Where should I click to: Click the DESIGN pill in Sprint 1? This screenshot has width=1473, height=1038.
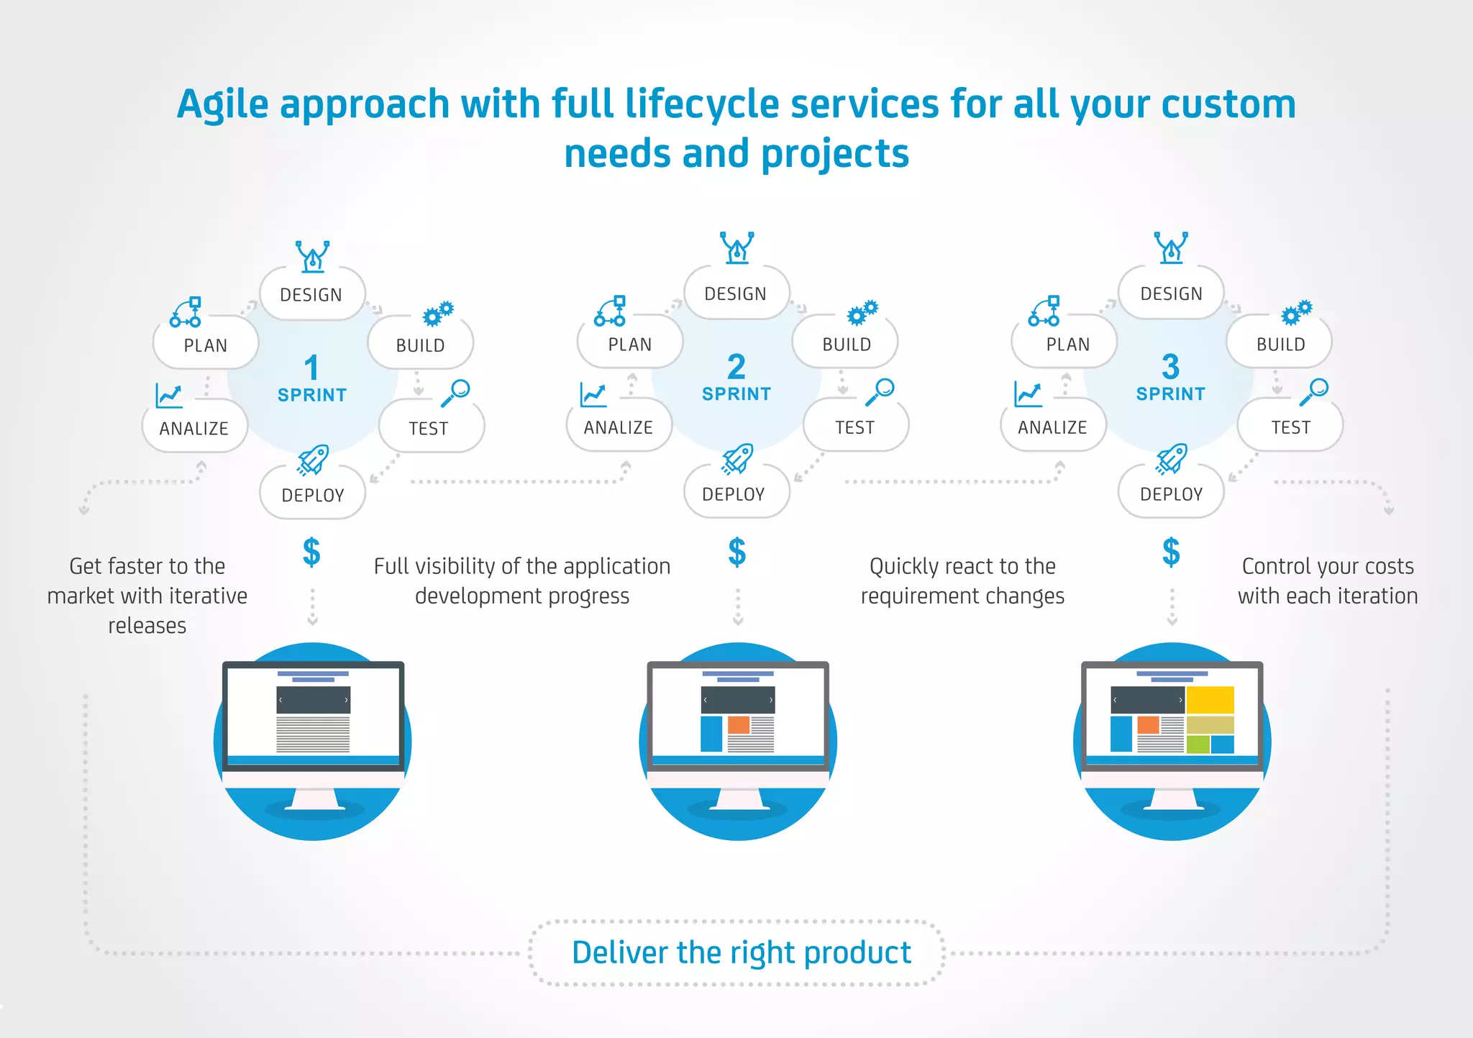pos(311,294)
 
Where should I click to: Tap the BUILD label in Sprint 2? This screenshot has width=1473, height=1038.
pos(847,344)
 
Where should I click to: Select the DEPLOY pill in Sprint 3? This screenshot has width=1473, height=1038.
pos(1171,493)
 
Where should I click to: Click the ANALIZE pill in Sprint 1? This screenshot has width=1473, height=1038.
pos(194,428)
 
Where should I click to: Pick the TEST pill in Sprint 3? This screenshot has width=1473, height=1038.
pos(1290,427)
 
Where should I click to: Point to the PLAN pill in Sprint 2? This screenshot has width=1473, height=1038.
pos(630,344)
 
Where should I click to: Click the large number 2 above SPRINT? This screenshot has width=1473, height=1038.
pos(736,367)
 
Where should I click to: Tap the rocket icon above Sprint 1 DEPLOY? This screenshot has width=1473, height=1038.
pos(313,459)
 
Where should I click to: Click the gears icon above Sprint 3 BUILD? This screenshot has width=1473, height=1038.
pos(1297,312)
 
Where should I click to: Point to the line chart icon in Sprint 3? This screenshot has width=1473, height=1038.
pos(1028,394)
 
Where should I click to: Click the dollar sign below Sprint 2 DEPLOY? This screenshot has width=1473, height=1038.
pos(737,552)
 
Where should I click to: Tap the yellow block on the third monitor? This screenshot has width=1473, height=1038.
pos(1210,699)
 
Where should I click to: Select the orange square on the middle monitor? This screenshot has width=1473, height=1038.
pos(739,724)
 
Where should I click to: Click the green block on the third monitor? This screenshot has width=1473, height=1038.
pos(1198,744)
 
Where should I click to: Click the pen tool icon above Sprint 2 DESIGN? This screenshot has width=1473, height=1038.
pos(737,247)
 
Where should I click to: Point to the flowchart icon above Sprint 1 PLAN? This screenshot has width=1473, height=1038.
pos(186,312)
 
